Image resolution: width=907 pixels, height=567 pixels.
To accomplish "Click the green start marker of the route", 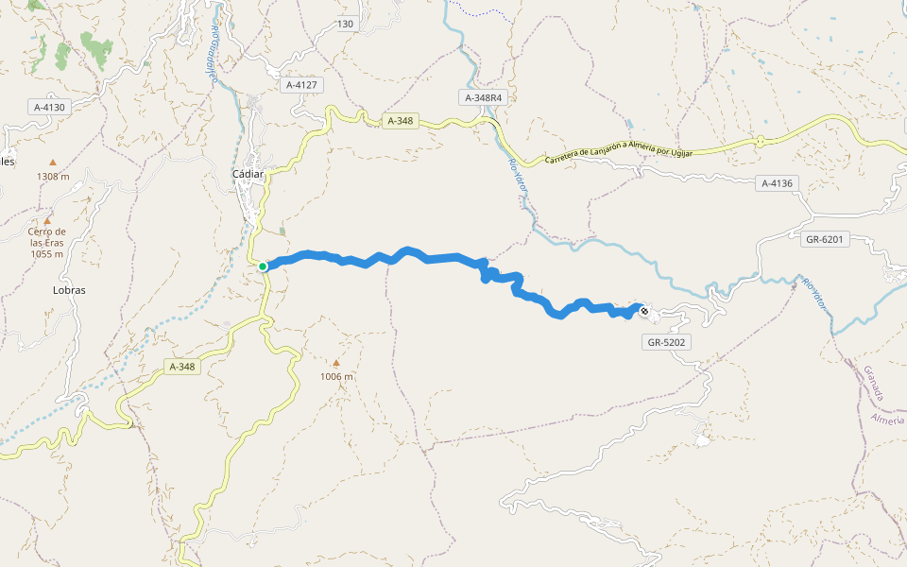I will [263, 266].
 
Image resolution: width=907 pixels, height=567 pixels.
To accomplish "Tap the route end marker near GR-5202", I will [644, 310].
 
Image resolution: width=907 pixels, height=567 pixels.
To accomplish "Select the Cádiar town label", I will [248, 174].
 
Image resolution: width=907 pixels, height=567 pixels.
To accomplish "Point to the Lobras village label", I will [69, 290].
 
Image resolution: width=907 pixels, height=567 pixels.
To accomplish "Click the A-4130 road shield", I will [49, 107].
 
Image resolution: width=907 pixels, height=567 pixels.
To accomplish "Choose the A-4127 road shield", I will [303, 85].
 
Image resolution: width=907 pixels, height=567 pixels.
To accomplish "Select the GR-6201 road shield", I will [824, 239].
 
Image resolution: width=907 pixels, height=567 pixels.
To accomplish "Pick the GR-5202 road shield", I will [667, 342].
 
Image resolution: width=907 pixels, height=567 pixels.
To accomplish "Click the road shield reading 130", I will [345, 24].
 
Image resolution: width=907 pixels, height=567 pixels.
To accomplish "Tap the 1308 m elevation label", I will [53, 177].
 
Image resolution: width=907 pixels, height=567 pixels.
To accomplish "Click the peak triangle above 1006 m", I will [335, 362].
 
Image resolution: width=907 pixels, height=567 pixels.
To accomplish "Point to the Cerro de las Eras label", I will [46, 242].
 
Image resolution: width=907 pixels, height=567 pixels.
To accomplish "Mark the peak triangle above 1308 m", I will [53, 163].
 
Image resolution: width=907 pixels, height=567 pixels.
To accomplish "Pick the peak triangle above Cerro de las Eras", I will [46, 220].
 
